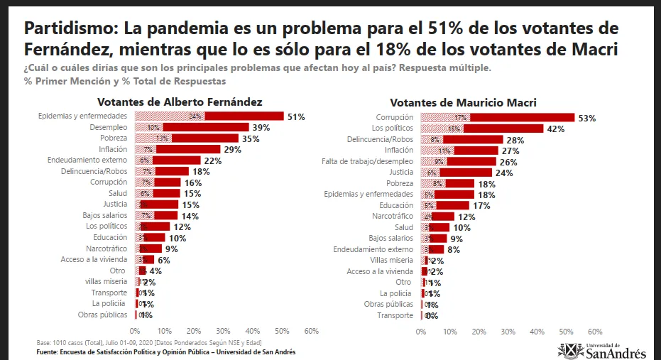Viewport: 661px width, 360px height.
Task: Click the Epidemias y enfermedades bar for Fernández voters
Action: pyautogui.click(x=209, y=116)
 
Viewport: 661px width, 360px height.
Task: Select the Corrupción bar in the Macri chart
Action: pyautogui.click(x=498, y=117)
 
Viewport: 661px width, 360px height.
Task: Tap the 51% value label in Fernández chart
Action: pyautogui.click(x=296, y=116)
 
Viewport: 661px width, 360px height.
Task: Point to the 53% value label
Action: pyautogui.click(x=587, y=118)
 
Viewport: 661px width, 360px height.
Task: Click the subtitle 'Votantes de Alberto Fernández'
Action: pyautogui.click(x=180, y=102)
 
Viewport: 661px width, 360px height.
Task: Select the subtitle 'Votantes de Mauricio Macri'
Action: pyautogui.click(x=463, y=103)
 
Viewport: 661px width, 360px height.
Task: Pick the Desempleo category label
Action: pyautogui.click(x=108, y=127)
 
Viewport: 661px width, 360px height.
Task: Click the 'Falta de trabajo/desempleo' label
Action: pyautogui.click(x=368, y=161)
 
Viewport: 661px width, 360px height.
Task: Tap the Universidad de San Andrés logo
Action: pyautogui.click(x=602, y=350)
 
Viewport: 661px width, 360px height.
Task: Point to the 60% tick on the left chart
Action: pyautogui.click(x=311, y=331)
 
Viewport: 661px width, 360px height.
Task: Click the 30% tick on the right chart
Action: pyautogui.click(x=508, y=332)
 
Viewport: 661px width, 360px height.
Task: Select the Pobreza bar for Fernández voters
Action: pyautogui.click(x=187, y=138)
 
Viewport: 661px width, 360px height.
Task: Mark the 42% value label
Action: pyautogui.click(x=556, y=129)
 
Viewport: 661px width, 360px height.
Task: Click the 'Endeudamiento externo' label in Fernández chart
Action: pyautogui.click(x=88, y=160)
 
